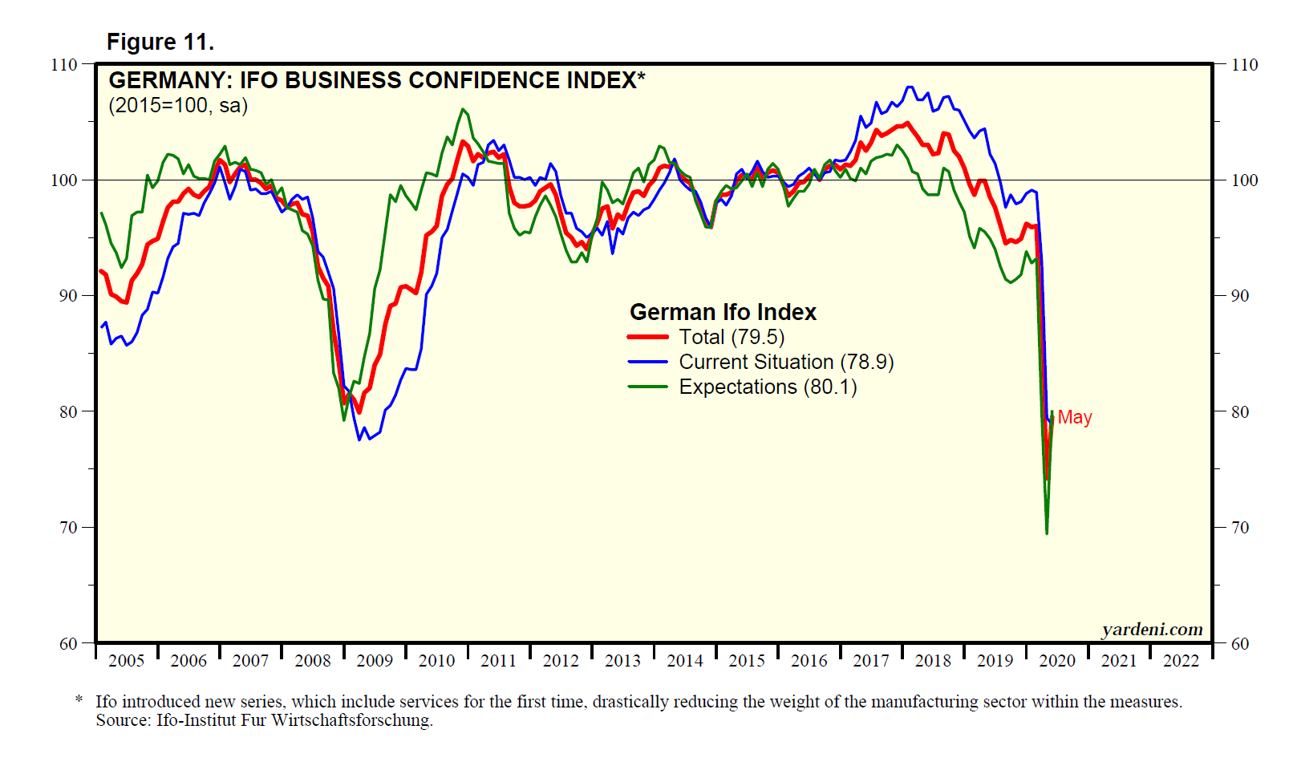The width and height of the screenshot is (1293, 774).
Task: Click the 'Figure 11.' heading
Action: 160,42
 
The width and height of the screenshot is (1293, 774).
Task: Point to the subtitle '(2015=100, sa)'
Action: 178,105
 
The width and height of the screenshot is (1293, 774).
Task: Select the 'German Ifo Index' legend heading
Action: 723,312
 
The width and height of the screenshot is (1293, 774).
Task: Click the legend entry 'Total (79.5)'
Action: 732,337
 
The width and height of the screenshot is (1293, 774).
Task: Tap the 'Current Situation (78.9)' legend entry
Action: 786,362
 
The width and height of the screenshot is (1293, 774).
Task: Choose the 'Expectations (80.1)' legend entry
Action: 768,387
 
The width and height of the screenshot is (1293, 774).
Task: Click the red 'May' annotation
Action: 1075,417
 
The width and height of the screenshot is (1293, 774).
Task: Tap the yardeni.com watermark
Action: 1152,630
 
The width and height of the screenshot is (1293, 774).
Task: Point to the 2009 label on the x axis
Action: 375,661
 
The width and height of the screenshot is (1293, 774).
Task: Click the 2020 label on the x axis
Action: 1057,661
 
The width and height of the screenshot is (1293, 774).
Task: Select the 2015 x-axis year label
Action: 747,661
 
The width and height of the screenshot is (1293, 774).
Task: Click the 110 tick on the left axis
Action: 64,65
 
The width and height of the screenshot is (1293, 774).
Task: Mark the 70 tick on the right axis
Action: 1240,528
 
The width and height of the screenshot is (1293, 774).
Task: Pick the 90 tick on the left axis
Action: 68,296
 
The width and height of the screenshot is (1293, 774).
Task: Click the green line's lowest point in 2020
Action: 1047,533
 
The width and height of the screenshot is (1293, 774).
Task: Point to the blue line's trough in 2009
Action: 359,440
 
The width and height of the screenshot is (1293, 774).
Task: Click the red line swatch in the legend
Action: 647,338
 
